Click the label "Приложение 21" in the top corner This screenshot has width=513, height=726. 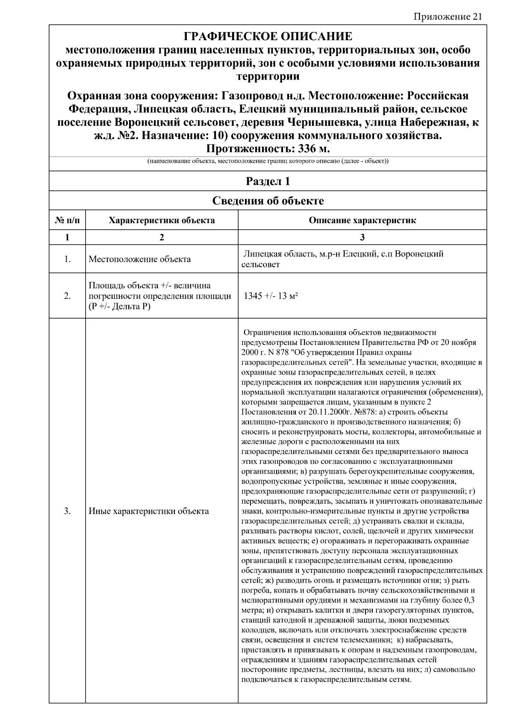(x=448, y=17)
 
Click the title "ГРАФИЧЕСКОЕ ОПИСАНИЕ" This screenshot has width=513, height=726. (x=268, y=36)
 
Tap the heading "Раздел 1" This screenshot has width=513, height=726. (x=268, y=181)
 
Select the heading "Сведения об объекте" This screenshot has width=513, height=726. (x=268, y=201)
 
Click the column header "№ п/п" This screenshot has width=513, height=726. (x=67, y=221)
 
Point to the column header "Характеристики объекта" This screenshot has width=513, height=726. (x=162, y=221)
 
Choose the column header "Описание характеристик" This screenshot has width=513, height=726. (x=362, y=221)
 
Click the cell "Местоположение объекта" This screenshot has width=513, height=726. (x=140, y=259)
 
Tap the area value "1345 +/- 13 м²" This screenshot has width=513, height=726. (x=270, y=296)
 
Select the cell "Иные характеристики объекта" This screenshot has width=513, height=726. (x=149, y=511)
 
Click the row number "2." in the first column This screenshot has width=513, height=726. (x=67, y=296)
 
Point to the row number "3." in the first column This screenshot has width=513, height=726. (x=67, y=511)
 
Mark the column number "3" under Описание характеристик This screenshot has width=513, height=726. (x=362, y=237)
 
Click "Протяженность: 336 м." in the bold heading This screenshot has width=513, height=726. (x=268, y=149)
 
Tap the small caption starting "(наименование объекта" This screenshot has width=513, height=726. (x=268, y=162)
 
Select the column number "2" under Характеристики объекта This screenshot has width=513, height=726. (x=162, y=237)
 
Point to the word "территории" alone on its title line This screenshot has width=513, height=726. (x=268, y=77)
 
